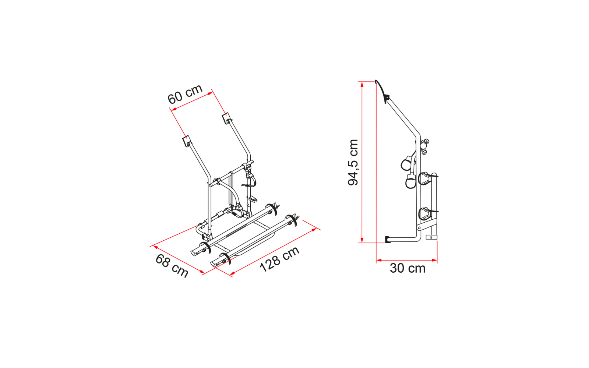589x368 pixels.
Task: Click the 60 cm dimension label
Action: point(185,94)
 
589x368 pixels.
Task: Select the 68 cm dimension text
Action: point(172,265)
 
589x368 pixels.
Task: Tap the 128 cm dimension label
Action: point(279,259)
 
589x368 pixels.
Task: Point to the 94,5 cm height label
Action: point(353,162)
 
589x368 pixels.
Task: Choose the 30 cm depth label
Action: point(407,268)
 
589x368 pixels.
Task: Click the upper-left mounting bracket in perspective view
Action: point(186,141)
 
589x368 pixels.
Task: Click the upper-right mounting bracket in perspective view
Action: point(226,118)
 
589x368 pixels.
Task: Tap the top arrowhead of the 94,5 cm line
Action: point(362,84)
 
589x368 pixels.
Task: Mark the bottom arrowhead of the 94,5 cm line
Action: point(362,240)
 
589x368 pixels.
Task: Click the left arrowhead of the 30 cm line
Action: point(379,261)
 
